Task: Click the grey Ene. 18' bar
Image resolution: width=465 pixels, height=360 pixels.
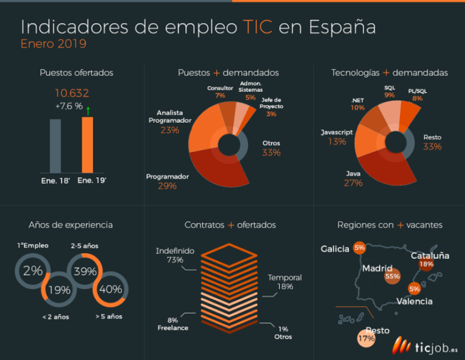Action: point(55,146)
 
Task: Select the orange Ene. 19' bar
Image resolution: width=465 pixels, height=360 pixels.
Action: point(88,145)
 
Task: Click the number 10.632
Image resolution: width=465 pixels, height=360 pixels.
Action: point(72,93)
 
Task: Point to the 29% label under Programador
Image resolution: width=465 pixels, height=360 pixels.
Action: point(168,186)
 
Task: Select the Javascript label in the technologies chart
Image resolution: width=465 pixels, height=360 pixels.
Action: point(337,131)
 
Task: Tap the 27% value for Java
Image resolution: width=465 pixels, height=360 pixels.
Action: point(353,183)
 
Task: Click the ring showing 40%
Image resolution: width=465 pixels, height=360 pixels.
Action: point(110,289)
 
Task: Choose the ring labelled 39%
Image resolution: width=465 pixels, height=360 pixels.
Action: point(85,271)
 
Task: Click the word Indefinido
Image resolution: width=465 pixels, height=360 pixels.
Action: point(174,250)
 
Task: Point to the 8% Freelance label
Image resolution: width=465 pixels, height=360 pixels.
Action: point(173,324)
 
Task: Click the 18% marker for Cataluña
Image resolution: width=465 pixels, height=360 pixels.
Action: point(426,264)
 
